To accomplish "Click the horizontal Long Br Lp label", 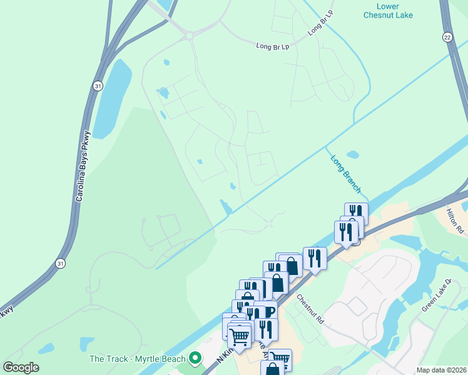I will (x=273, y=46).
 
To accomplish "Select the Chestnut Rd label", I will (x=310, y=309).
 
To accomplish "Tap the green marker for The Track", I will (x=195, y=359).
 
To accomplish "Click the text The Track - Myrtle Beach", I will (x=138, y=359).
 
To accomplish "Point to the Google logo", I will (x=21, y=367).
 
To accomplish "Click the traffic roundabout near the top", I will (x=188, y=36).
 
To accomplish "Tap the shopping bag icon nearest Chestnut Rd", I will (x=292, y=264).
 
